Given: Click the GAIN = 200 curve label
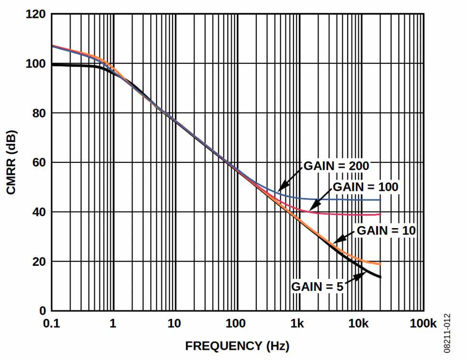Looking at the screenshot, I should [x=337, y=166].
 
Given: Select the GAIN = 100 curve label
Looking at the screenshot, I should [x=366, y=187].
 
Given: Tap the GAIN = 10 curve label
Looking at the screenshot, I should [x=386, y=230].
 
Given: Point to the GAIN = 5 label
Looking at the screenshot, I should [x=317, y=287].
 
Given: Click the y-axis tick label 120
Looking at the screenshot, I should [x=37, y=14].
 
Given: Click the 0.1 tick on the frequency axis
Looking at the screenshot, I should [x=52, y=324].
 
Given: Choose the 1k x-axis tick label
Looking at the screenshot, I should [x=299, y=324].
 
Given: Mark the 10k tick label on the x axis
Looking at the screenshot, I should [x=360, y=324].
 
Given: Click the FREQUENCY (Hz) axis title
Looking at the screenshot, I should [x=237, y=346].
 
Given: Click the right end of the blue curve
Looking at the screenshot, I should [x=381, y=200].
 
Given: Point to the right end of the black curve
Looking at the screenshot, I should [x=381, y=277].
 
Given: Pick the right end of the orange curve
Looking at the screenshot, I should [x=381, y=264].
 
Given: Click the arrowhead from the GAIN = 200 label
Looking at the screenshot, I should [x=280, y=189].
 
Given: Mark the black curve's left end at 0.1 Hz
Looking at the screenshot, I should [x=52, y=64].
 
